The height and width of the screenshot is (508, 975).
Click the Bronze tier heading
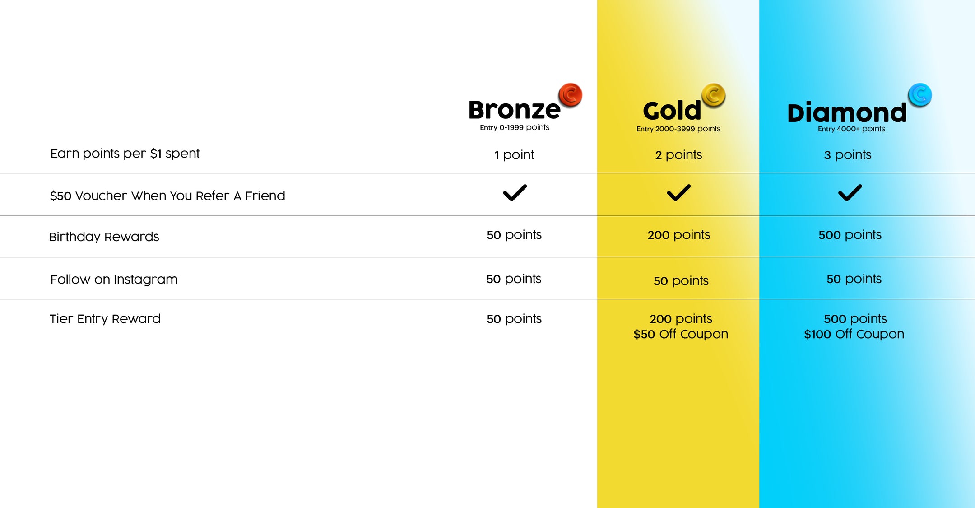point(514,110)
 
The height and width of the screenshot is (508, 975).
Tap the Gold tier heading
point(672,111)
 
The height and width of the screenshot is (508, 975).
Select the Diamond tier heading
point(847,112)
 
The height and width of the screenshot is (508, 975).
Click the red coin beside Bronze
point(570,95)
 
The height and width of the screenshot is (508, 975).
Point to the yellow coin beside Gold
point(713,95)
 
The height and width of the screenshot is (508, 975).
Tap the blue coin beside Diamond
point(920,95)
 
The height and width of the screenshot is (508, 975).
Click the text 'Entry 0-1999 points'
point(515,128)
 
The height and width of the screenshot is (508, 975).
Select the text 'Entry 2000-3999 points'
point(678,129)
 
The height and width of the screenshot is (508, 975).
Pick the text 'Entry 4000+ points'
point(851,129)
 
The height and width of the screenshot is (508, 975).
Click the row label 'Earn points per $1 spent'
point(125,154)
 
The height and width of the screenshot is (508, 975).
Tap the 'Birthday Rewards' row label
point(104,237)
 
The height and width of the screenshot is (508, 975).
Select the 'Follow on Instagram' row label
point(114,280)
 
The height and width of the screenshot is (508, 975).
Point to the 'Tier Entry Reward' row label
point(105,319)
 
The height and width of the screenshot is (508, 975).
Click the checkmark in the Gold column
point(679,193)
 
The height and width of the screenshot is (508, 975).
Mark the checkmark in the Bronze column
point(515,193)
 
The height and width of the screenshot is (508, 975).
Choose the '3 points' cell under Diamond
point(847,155)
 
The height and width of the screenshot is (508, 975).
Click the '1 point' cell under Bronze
point(514,155)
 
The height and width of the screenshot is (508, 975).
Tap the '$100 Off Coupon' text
point(854,334)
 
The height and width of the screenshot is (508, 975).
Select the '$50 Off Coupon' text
point(681,334)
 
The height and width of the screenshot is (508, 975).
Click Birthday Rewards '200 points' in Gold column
point(679,235)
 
